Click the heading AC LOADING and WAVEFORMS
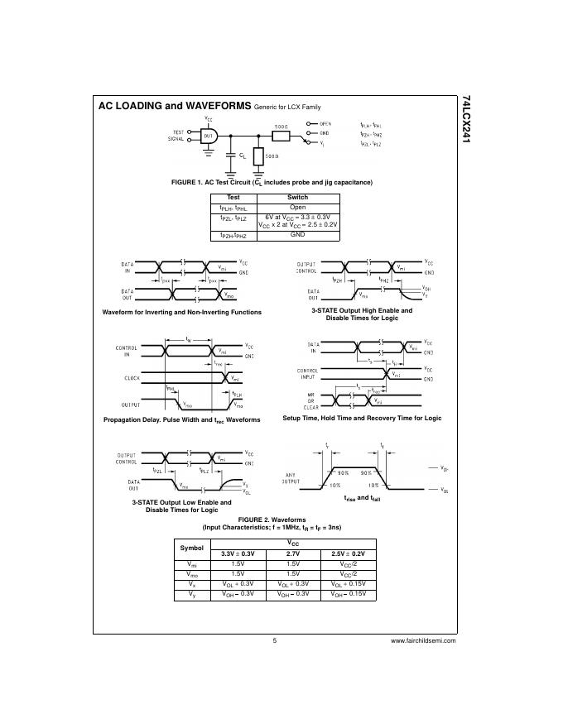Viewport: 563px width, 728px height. tap(174, 107)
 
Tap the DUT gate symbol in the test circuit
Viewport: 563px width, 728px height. tap(209, 136)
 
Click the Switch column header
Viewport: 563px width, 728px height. tap(297, 197)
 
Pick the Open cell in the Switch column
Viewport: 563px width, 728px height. tap(297, 208)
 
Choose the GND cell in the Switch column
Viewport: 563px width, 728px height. tap(297, 234)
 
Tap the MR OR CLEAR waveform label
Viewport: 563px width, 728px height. tap(311, 400)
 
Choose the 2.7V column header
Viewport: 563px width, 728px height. tap(293, 553)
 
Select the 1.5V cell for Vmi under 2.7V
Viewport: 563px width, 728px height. tap(293, 563)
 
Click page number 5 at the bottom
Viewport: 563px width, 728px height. tap(274, 640)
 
